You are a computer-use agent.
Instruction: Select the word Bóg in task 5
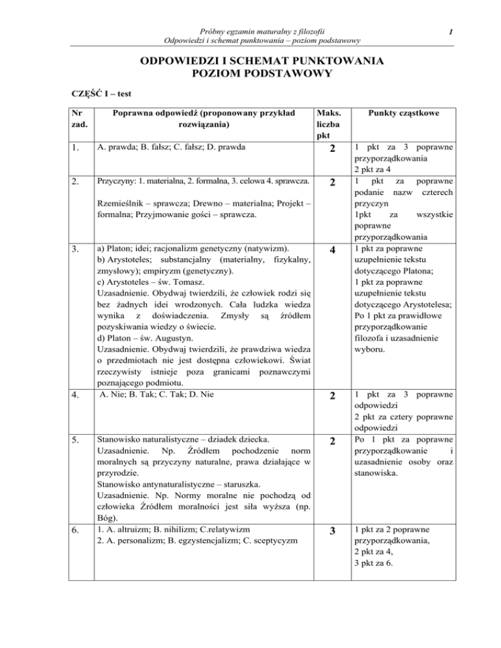click(106, 514)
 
